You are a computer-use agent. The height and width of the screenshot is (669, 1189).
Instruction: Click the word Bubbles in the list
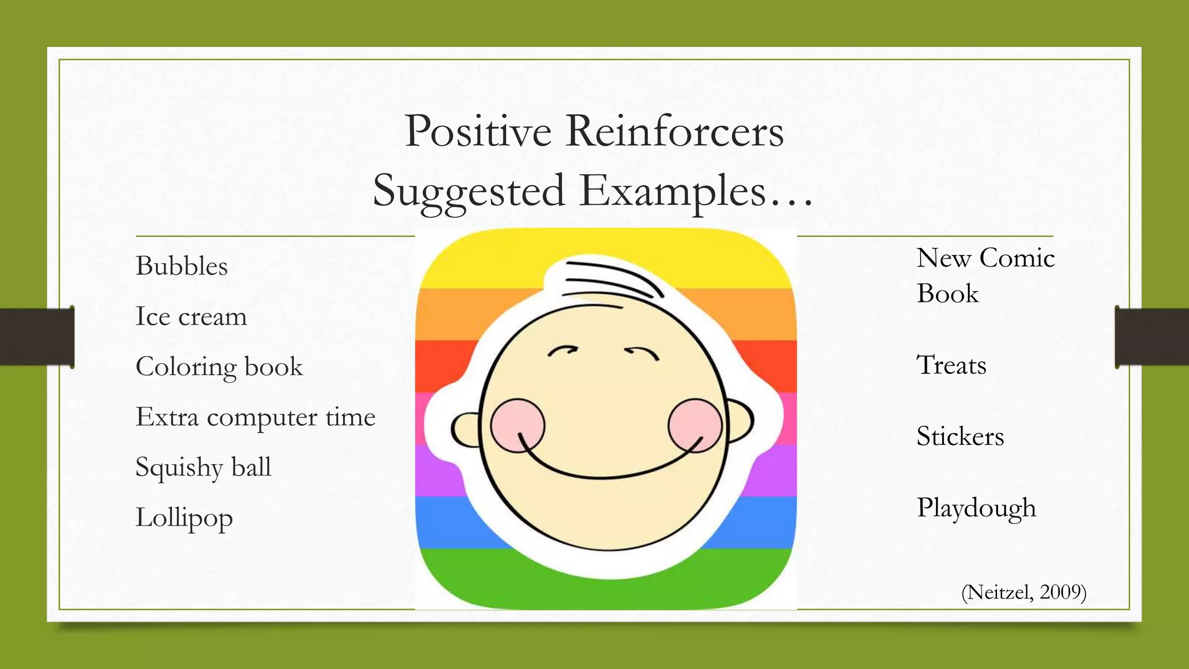click(x=182, y=267)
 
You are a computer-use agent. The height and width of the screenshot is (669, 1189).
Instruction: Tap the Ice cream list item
click(x=191, y=317)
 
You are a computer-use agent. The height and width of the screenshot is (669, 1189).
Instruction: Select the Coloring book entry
click(x=219, y=367)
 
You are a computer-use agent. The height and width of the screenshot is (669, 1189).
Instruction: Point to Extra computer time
click(x=255, y=417)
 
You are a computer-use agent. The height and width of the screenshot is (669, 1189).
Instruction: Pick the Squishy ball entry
click(x=203, y=467)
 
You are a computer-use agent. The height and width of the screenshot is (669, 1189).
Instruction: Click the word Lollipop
click(x=184, y=517)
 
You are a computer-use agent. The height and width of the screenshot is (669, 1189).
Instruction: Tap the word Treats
click(x=951, y=365)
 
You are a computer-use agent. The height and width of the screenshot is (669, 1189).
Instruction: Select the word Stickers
click(x=960, y=437)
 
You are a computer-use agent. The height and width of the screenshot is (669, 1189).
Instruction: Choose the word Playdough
click(x=976, y=508)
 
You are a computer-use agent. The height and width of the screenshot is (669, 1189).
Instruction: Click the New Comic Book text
click(x=985, y=275)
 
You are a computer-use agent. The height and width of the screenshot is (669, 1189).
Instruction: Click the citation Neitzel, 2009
click(x=1024, y=592)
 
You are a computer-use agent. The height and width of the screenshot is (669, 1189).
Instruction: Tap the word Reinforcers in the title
click(x=675, y=131)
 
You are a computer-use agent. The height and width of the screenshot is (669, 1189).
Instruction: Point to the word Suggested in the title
click(x=469, y=192)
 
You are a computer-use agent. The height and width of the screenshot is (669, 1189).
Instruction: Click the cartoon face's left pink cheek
click(x=517, y=425)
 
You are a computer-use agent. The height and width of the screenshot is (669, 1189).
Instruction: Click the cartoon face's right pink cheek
click(x=694, y=425)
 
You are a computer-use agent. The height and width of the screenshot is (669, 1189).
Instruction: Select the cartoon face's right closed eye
click(x=642, y=352)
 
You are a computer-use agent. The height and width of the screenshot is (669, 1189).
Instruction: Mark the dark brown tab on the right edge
click(x=1152, y=337)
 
